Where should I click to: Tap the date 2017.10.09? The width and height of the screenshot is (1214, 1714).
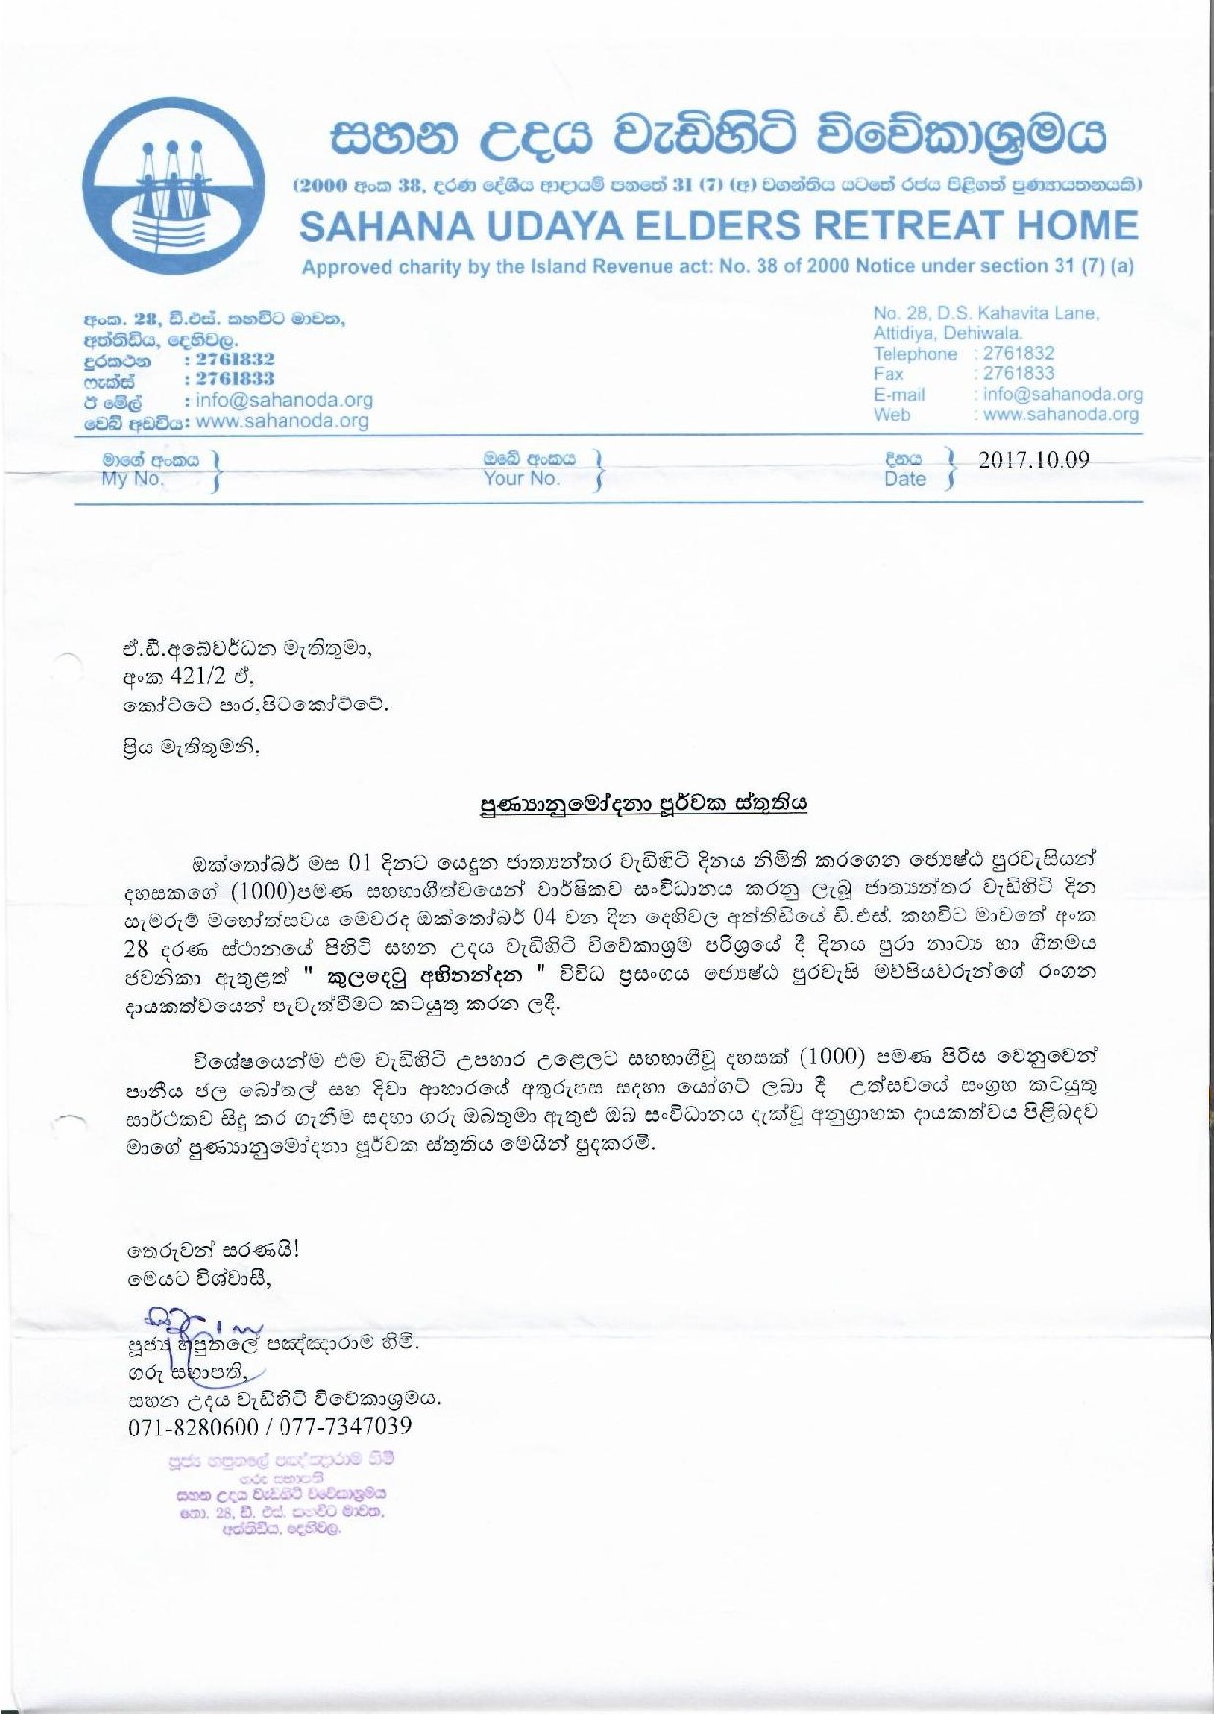tap(1033, 460)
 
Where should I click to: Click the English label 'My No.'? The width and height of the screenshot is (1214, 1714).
tap(132, 479)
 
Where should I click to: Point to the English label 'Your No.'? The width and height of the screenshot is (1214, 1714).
tap(521, 479)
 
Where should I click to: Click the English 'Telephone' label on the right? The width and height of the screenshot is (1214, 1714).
tap(915, 354)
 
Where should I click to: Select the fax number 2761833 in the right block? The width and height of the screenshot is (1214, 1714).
tap(1019, 374)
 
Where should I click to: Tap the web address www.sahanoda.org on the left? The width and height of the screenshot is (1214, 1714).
tap(282, 421)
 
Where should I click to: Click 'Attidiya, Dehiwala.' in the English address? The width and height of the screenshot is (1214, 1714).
tap(947, 333)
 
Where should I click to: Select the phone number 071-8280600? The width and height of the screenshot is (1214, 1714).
tap(193, 1427)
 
